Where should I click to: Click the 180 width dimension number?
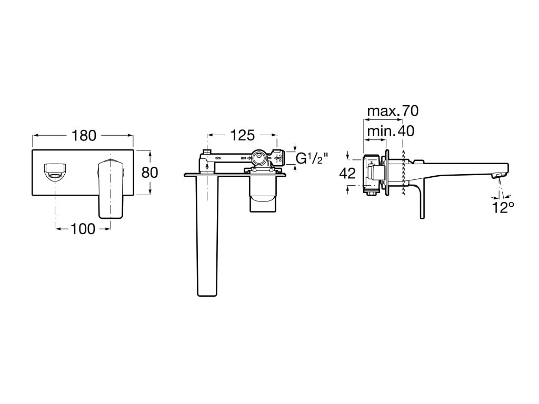pos(84,136)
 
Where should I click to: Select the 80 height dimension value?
pos(151,172)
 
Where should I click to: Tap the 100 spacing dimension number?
pos(83,228)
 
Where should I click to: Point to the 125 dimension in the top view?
pos(242,135)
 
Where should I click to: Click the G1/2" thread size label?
pos(312,158)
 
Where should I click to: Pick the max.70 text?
pos(392,111)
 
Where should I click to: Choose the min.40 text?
pos(390,131)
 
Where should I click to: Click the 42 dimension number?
pos(347,173)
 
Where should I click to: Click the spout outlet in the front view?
pos(54,171)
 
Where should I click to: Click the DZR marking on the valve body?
pos(217,158)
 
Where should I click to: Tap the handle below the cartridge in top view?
pos(262,195)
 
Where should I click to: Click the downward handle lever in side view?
pos(421,203)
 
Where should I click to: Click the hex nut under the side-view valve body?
pos(371,191)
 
